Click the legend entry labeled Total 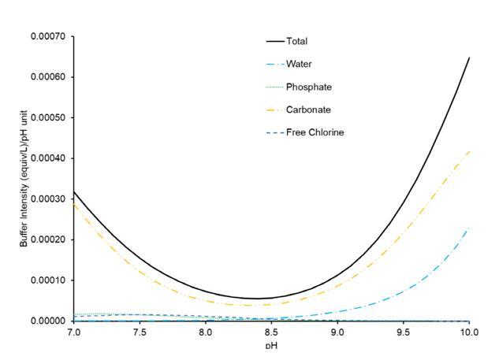(x=296, y=41)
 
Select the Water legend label (x=298, y=64)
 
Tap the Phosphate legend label (x=307, y=87)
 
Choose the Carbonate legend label (x=307, y=109)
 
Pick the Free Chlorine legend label (x=315, y=132)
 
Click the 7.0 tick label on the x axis (x=73, y=333)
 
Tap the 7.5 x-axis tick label (x=139, y=333)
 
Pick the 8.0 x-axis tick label (x=205, y=333)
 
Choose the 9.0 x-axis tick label (x=337, y=333)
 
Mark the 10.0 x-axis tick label (x=468, y=333)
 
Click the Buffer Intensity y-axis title (x=24, y=178)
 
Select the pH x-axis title (x=271, y=346)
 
